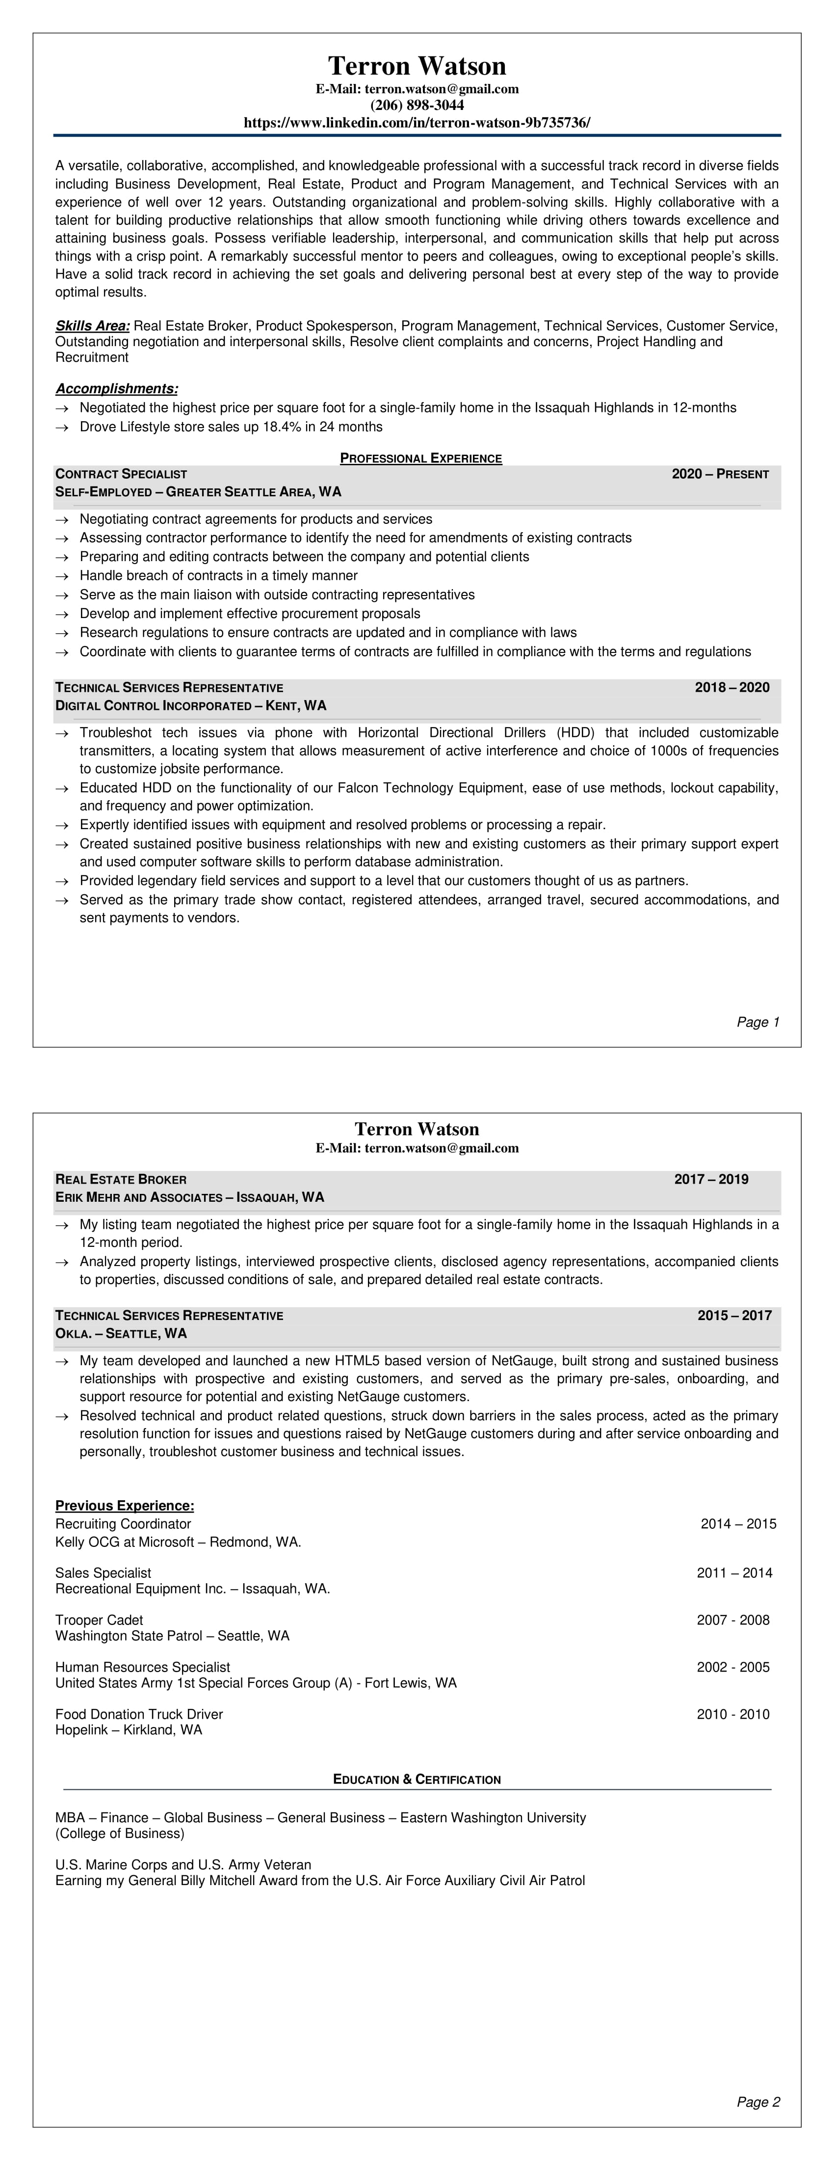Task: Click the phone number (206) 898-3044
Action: coord(417,106)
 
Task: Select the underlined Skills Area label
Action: coord(92,326)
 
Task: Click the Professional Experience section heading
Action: coord(421,459)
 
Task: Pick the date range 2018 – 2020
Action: coord(732,688)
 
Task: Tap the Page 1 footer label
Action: coord(758,1022)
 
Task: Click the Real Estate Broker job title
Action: coord(121,1180)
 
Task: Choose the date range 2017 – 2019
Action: coord(711,1180)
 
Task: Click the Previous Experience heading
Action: coord(125,1506)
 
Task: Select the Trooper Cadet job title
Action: coord(99,1620)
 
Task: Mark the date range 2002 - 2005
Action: coord(732,1667)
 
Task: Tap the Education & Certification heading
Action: coord(417,1780)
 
